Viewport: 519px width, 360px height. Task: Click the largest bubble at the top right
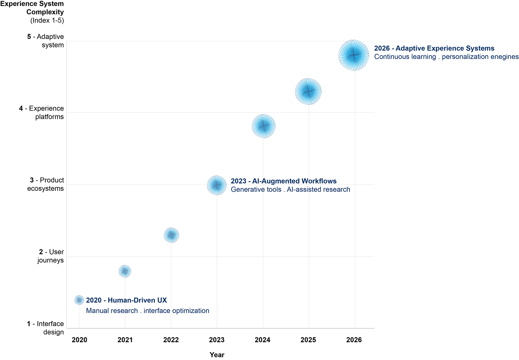tap(354, 55)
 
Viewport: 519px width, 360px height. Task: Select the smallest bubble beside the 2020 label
tap(79, 300)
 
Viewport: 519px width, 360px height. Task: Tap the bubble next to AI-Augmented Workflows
tap(217, 185)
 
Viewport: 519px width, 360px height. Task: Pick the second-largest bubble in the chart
tap(308, 91)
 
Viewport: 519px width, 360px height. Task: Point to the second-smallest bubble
tap(125, 271)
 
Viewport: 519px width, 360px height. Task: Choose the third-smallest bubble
tap(171, 235)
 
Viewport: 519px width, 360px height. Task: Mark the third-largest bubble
tap(264, 126)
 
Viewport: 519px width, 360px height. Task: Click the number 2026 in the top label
tap(382, 48)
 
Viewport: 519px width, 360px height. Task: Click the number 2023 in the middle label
tap(238, 181)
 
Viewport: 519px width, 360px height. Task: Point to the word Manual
tap(97, 311)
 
